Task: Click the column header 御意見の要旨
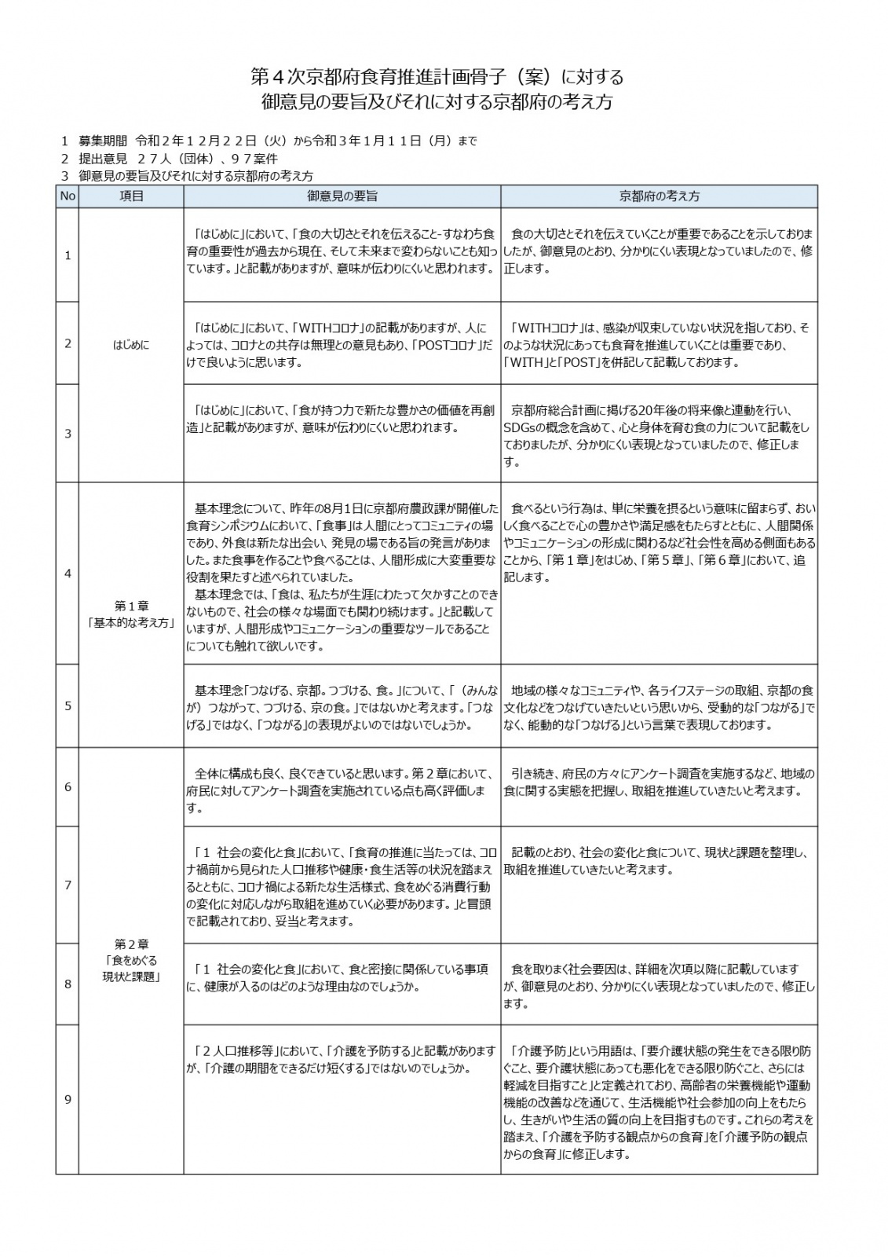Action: [x=342, y=196]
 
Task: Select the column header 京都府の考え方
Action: [x=659, y=196]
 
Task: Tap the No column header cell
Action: [x=67, y=196]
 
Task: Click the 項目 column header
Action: [x=131, y=196]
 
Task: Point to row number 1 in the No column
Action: [x=68, y=255]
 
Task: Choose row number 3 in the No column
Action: [x=68, y=434]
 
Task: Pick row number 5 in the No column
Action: [x=68, y=705]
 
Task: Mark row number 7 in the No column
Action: [x=68, y=885]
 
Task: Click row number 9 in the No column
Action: [x=68, y=1099]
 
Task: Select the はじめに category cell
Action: [x=131, y=344]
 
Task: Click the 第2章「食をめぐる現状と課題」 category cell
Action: [x=131, y=960]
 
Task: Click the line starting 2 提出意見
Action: [x=169, y=159]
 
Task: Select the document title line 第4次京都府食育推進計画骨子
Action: [x=437, y=77]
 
